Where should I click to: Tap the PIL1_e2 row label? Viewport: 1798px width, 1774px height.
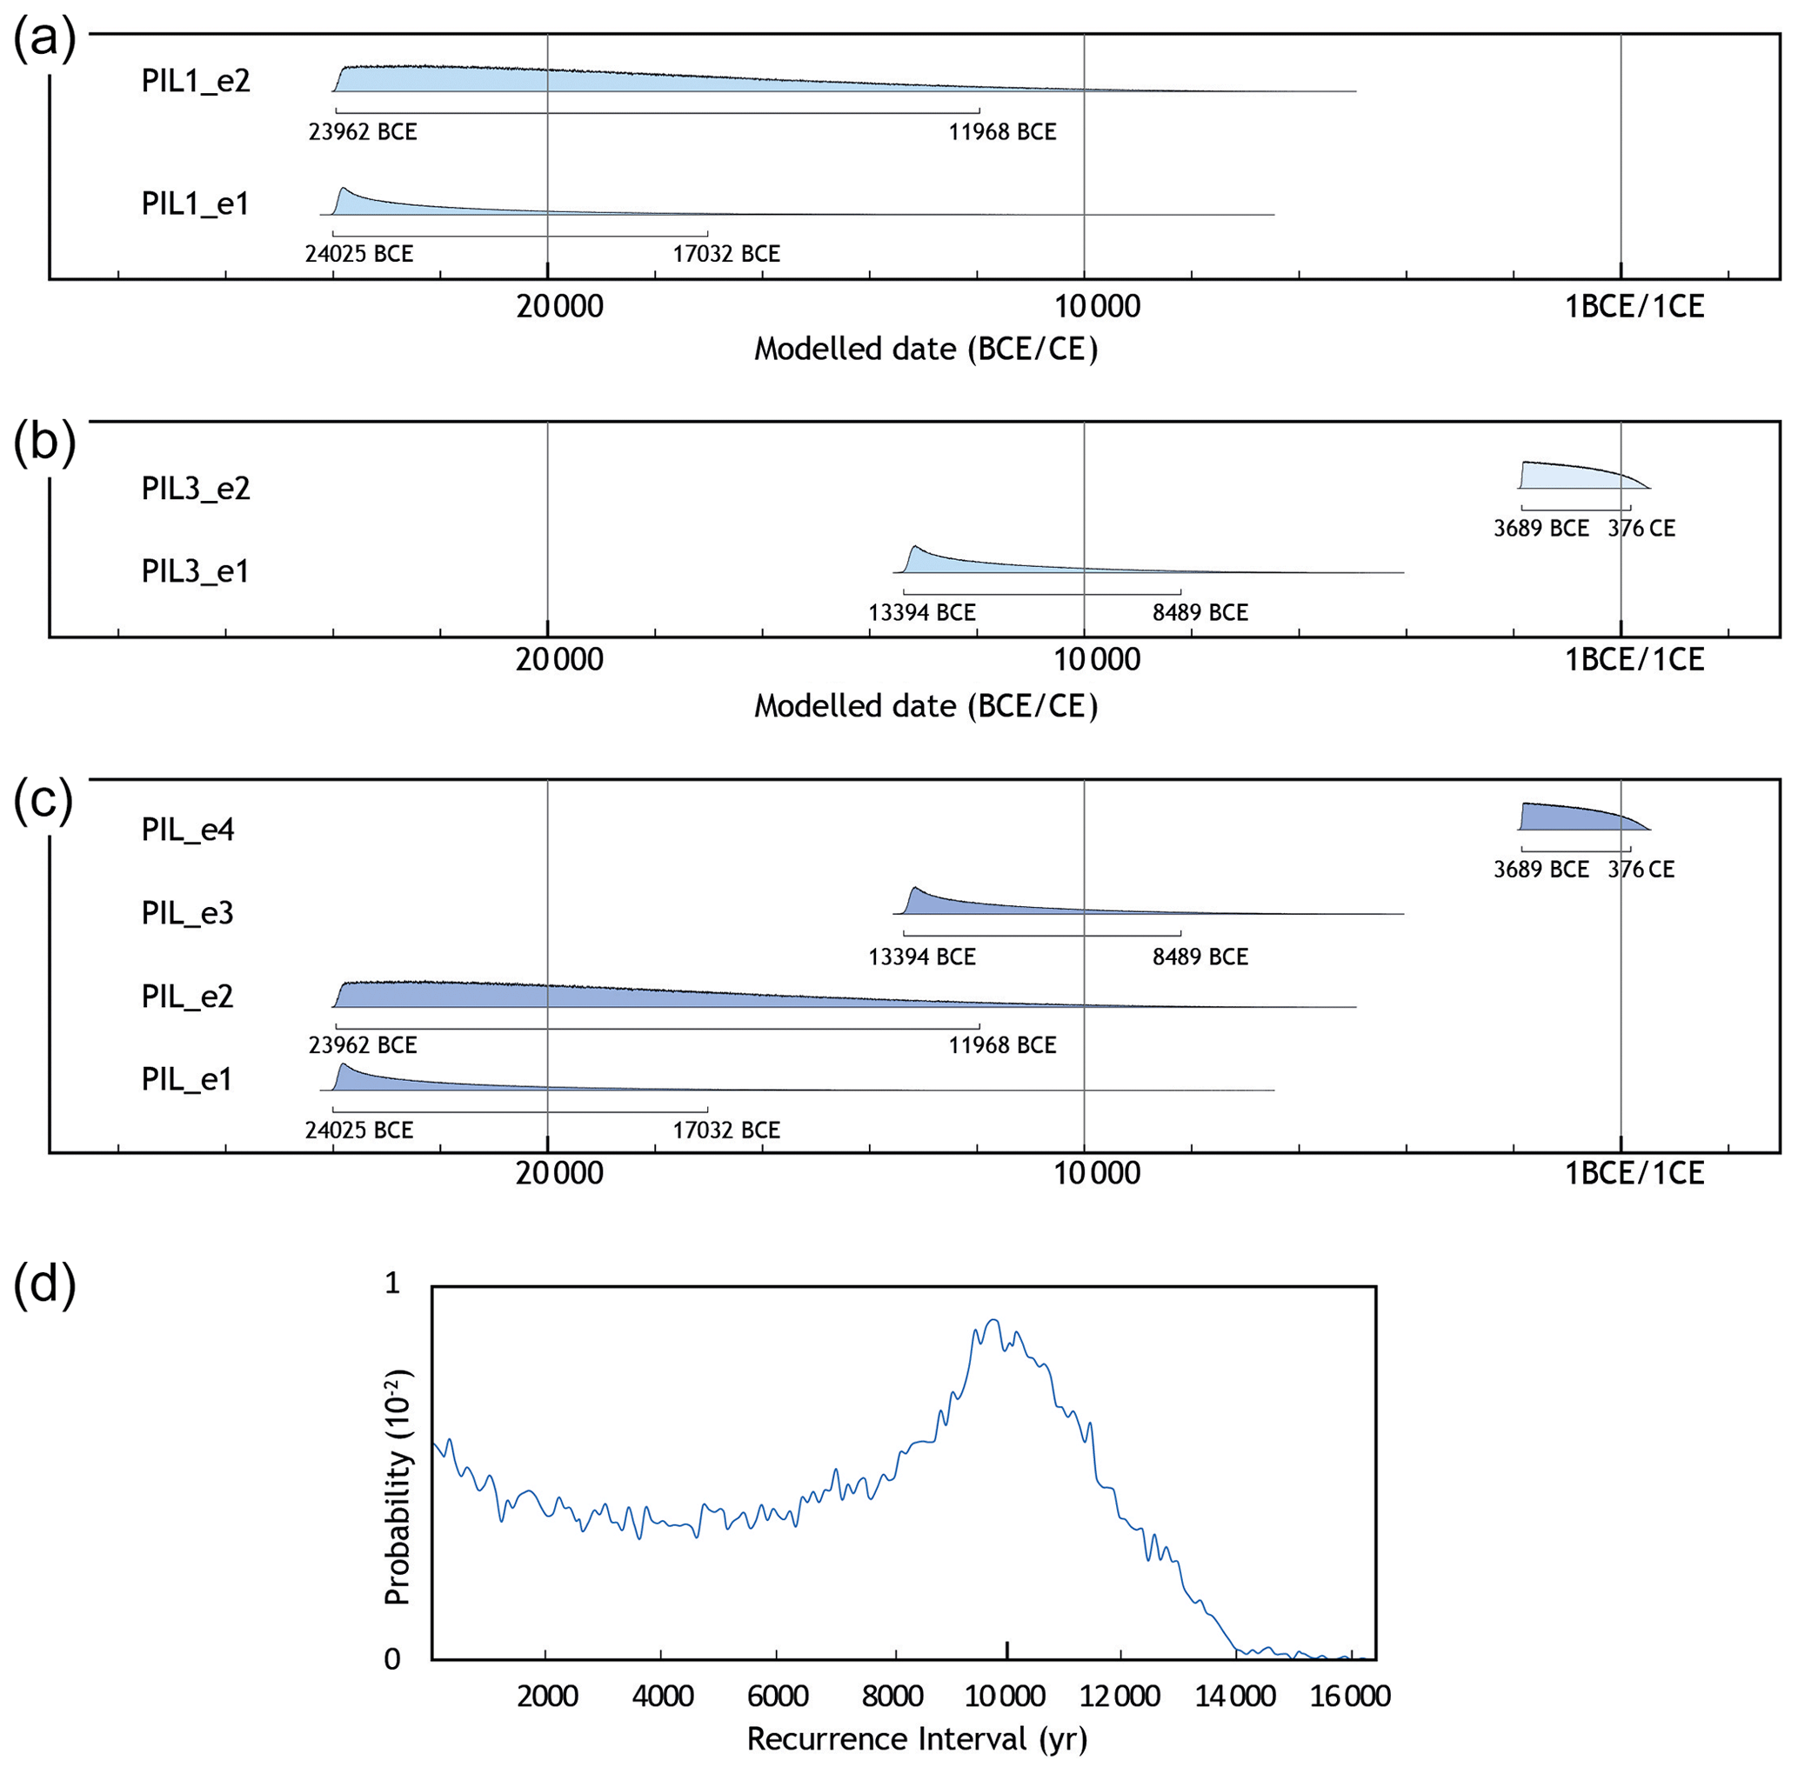pos(196,81)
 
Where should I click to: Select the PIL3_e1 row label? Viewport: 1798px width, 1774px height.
pos(196,570)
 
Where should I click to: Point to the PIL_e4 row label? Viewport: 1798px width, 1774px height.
pos(187,829)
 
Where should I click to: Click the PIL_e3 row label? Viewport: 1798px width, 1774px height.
pos(187,912)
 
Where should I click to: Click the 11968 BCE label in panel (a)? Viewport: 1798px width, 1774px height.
pos(1002,132)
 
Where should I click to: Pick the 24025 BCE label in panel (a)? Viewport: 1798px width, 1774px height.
pos(358,253)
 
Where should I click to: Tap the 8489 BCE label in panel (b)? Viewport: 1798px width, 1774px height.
pos(1200,612)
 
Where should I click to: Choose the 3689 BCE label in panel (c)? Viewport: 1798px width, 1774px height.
pos(1541,869)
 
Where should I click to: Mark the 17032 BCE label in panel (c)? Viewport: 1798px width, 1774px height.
pos(726,1130)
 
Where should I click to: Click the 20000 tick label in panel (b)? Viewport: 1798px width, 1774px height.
pos(559,658)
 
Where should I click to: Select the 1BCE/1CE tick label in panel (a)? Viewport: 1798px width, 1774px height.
pos(1634,306)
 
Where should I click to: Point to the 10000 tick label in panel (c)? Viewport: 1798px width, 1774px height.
pos(1096,1172)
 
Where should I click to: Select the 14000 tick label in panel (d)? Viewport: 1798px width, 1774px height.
pos(1235,1695)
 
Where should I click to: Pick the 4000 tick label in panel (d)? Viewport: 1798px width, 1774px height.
pos(662,1695)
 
